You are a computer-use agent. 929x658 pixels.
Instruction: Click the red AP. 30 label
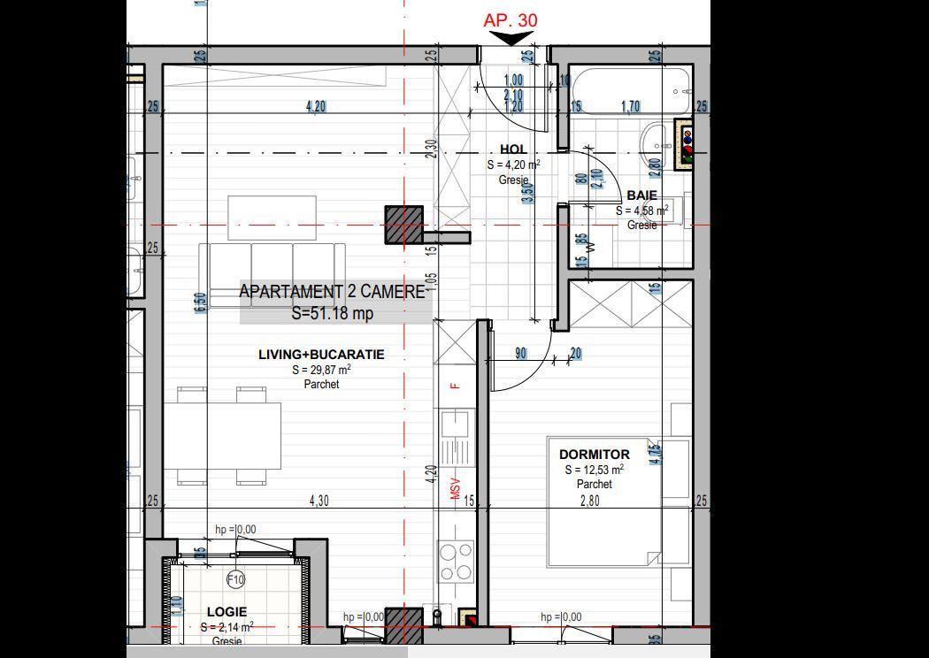511,19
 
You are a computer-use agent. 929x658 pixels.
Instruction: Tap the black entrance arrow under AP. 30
512,38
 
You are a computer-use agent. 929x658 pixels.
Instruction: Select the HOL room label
513,149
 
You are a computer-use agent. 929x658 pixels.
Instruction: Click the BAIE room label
641,195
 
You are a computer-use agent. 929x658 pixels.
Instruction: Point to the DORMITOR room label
595,455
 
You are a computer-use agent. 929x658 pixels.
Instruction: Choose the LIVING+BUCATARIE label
321,355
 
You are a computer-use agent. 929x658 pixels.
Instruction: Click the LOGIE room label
226,611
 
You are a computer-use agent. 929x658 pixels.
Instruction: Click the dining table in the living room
229,435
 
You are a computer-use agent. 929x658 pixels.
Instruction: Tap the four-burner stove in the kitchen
456,561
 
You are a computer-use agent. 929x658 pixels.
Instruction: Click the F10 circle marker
235,580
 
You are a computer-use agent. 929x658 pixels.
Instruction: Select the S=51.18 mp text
333,312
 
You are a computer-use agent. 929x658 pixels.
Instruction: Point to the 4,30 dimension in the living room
319,501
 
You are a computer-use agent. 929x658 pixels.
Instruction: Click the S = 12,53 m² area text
594,470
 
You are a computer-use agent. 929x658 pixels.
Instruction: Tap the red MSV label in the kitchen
457,488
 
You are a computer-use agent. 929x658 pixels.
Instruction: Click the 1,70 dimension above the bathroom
631,108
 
